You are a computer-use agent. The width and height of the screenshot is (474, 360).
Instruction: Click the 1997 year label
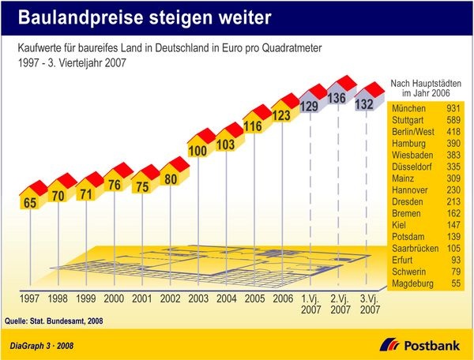click(x=30, y=300)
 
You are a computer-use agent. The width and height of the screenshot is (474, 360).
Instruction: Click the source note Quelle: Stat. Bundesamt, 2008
click(x=54, y=321)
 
